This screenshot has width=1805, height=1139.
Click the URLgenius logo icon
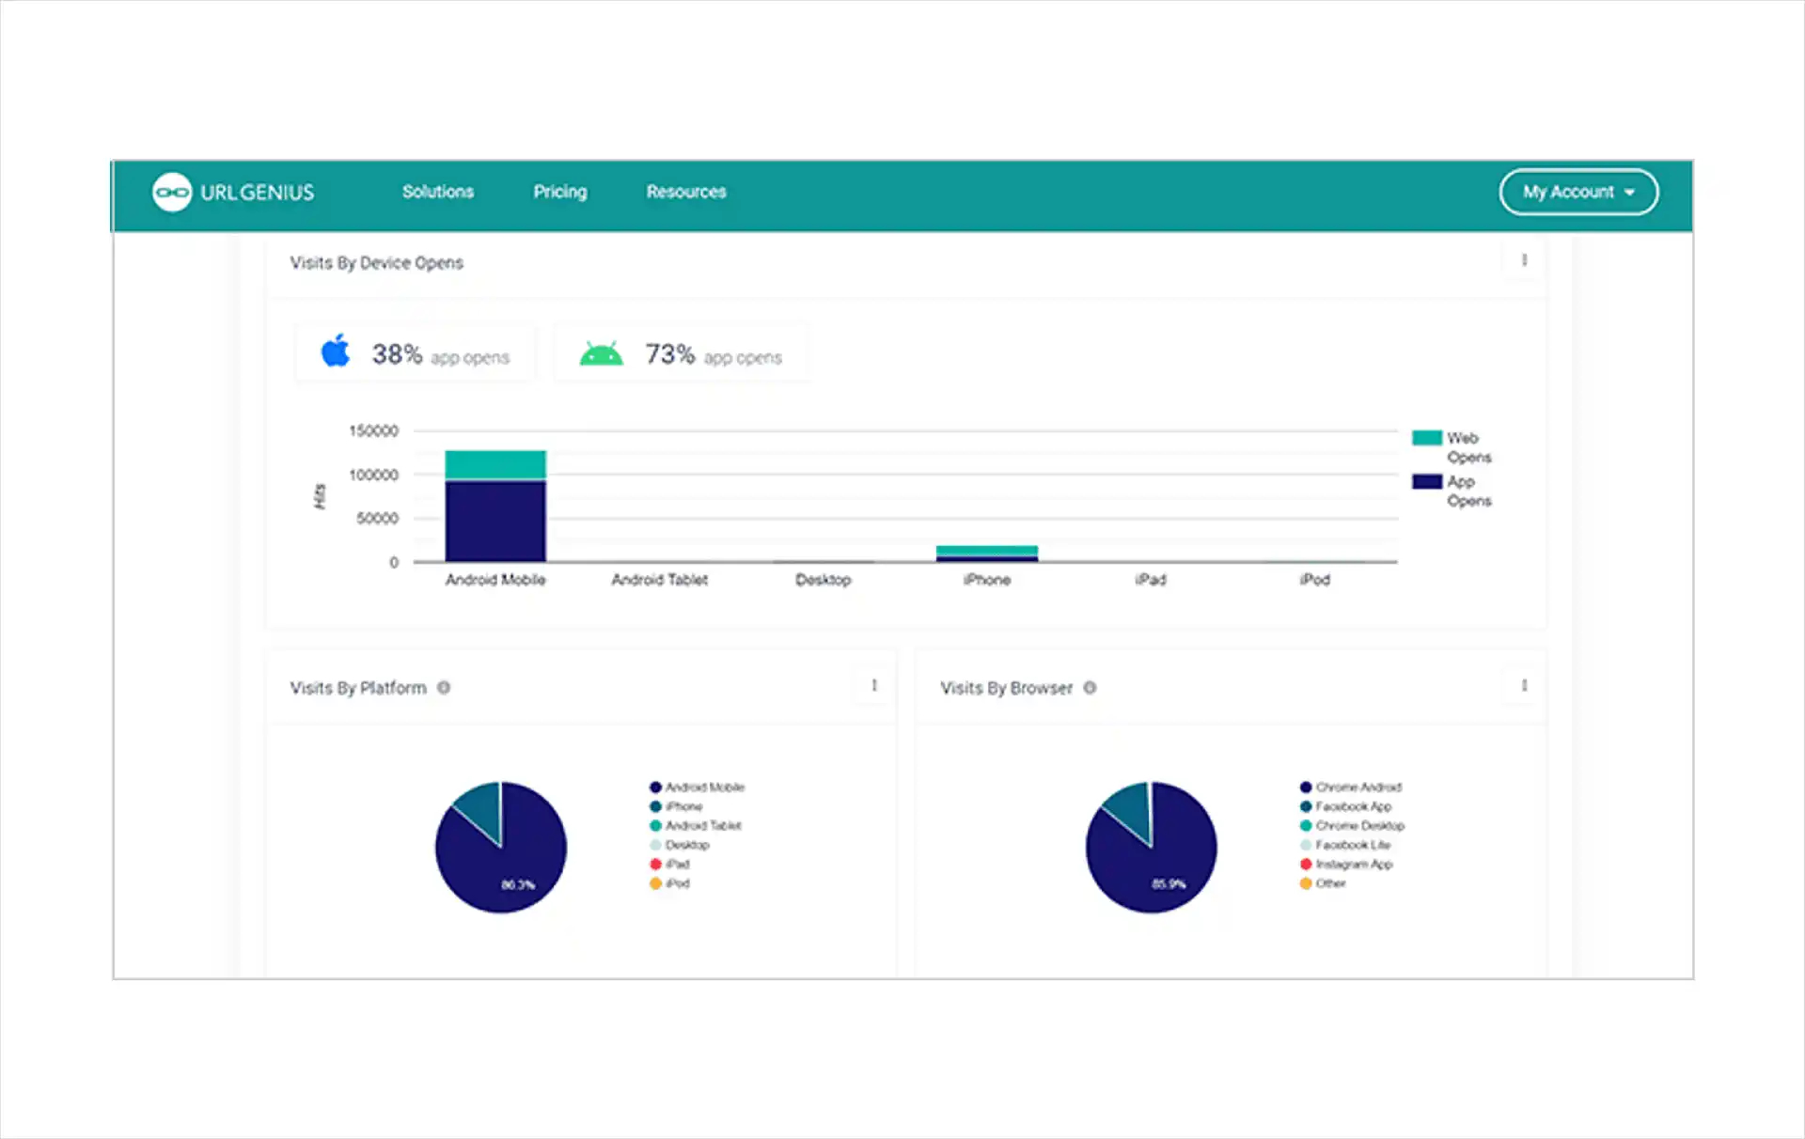pyautogui.click(x=172, y=193)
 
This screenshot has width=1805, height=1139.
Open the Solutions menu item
pyautogui.click(x=438, y=192)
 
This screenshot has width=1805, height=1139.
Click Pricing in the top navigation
pyautogui.click(x=560, y=192)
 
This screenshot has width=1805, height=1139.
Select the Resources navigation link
pyautogui.click(x=686, y=192)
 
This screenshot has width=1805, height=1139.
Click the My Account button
pyautogui.click(x=1578, y=192)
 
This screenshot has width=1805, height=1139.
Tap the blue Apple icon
pyautogui.click(x=336, y=351)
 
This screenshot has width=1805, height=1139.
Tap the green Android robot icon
pyautogui.click(x=601, y=354)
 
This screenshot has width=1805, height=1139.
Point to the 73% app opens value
pyautogui.click(x=669, y=354)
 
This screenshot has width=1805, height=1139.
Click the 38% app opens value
pyautogui.click(x=397, y=354)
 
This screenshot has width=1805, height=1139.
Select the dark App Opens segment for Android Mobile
pyautogui.click(x=495, y=521)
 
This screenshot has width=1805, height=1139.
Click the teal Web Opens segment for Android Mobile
pyautogui.click(x=495, y=464)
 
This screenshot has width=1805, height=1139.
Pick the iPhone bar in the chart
pyautogui.click(x=987, y=554)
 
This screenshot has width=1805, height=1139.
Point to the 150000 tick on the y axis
pyautogui.click(x=374, y=431)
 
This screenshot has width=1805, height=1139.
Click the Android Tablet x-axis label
pyautogui.click(x=660, y=580)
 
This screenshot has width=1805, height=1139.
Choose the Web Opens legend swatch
pyautogui.click(x=1426, y=438)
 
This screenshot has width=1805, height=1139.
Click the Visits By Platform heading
pyautogui.click(x=358, y=688)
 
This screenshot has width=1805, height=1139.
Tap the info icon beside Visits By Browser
pyautogui.click(x=1090, y=688)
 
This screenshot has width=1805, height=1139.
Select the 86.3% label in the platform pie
pyautogui.click(x=517, y=884)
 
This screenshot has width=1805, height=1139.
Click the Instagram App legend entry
pyautogui.click(x=1354, y=865)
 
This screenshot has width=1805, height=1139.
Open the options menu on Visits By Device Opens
pyautogui.click(x=1524, y=260)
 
